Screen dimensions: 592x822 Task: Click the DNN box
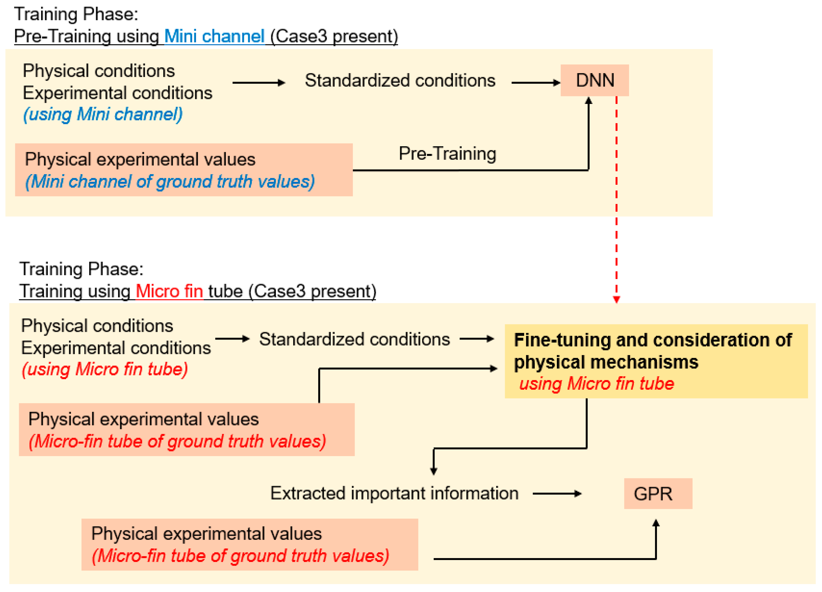coord(594,80)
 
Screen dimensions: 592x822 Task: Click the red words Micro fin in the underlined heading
coord(169,291)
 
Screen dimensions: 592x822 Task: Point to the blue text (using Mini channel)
coord(103,114)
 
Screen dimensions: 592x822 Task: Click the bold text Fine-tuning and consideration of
coord(652,340)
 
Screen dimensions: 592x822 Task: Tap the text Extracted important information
coord(394,493)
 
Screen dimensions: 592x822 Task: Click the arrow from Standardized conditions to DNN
coord(536,83)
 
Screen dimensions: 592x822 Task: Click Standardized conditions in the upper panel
coord(400,80)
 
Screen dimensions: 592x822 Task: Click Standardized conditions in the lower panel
coord(354,339)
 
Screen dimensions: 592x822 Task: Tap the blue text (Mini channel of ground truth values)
coord(170,181)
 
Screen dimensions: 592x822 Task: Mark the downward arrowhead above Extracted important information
coord(433,471)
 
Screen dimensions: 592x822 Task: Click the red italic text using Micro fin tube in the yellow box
coord(596,383)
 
